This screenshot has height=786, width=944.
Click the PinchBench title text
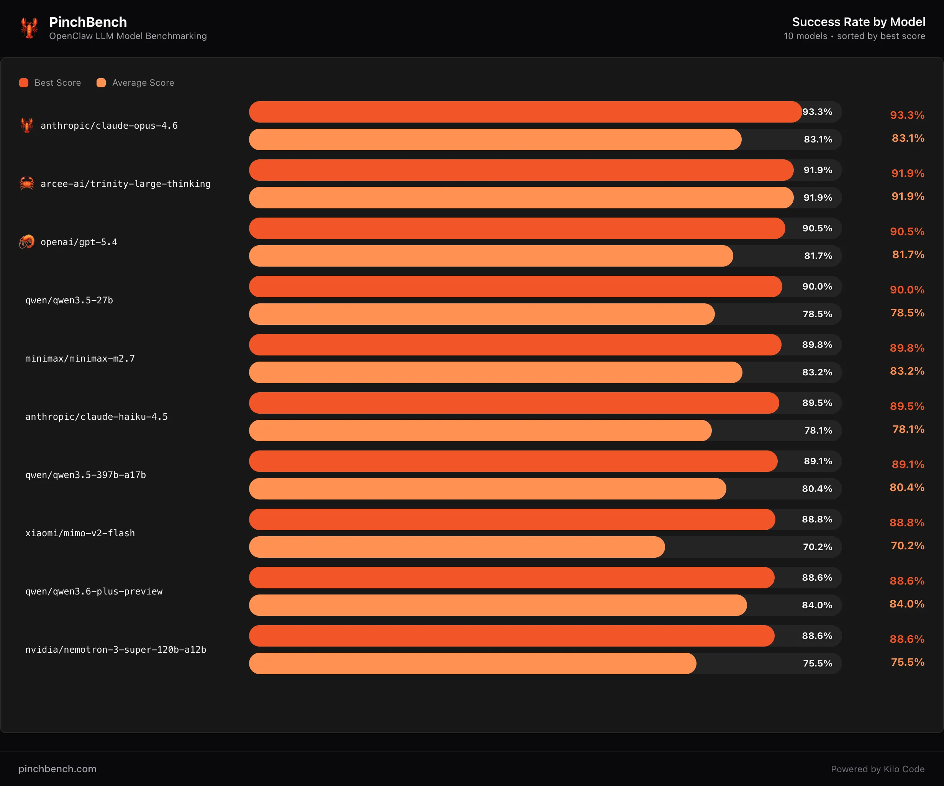[88, 22]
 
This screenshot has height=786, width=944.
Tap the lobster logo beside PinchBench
[29, 28]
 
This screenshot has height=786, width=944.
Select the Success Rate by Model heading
[858, 22]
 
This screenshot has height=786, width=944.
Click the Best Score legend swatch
[24, 83]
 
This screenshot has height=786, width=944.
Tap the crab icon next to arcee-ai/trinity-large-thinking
[27, 183]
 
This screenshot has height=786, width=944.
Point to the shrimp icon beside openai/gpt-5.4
[27, 242]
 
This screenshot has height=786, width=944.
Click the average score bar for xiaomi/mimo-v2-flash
[457, 547]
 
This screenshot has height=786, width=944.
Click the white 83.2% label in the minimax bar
[817, 372]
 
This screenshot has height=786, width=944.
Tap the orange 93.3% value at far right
[907, 115]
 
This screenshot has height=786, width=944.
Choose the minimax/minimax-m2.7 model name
[80, 359]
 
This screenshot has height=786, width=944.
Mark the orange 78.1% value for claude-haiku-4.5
[908, 429]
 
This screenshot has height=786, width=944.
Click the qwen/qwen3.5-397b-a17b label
[85, 475]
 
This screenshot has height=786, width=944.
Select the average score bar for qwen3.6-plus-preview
[498, 605]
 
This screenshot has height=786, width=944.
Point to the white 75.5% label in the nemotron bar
[817, 663]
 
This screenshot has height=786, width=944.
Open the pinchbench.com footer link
[57, 769]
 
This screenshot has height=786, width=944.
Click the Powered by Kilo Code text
[877, 769]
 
